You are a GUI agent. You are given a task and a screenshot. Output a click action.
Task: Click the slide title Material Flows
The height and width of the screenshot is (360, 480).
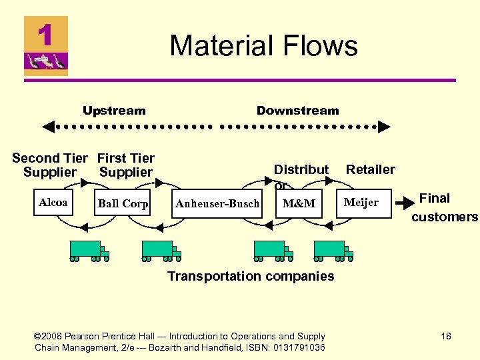(263, 46)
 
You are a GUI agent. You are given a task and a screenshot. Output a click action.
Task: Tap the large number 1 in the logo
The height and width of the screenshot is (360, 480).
(45, 35)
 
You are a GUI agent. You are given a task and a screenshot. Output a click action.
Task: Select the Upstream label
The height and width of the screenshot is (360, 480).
(114, 111)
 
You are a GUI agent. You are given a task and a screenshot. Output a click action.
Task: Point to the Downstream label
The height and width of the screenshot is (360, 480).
(297, 111)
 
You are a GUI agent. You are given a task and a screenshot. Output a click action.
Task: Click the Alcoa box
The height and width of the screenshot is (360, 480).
(53, 203)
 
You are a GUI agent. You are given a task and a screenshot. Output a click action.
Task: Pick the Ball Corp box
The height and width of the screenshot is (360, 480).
(123, 203)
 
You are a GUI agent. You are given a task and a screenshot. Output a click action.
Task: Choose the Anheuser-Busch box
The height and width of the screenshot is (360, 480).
(217, 203)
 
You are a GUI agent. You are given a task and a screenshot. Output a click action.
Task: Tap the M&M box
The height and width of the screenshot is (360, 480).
(299, 203)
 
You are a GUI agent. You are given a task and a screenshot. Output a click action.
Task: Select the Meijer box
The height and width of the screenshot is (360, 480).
(361, 203)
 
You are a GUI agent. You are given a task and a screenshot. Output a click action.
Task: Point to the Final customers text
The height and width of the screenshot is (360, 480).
(444, 207)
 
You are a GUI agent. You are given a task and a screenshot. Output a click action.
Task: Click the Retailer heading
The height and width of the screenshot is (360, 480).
(370, 169)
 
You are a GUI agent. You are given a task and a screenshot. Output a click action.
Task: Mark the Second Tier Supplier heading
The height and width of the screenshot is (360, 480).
(49, 165)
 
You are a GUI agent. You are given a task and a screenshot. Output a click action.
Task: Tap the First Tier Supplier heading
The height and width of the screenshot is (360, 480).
(125, 165)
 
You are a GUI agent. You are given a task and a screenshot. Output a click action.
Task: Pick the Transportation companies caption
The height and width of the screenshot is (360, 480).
(251, 276)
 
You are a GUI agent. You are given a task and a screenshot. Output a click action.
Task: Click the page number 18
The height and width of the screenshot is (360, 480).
(445, 336)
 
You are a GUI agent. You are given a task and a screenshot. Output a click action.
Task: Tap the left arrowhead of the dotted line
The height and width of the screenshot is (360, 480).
(48, 125)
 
